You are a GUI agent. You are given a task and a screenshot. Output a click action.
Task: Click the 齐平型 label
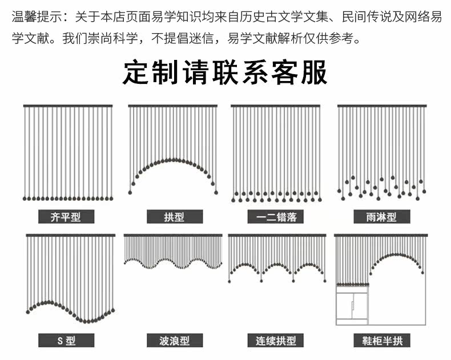click(x=66, y=217)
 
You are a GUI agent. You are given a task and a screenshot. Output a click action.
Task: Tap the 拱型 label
click(x=175, y=217)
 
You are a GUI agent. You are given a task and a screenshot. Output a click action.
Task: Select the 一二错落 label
click(x=276, y=217)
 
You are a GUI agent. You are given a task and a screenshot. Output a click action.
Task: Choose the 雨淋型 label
click(x=382, y=217)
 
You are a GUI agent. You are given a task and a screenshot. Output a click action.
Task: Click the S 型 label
click(x=66, y=341)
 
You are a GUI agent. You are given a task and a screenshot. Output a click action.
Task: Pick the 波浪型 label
click(x=175, y=341)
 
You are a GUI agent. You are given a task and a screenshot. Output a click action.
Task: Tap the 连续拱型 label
click(x=276, y=341)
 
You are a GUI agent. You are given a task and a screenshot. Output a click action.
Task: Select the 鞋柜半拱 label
click(x=382, y=341)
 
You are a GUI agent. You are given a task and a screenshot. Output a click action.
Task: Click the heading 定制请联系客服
click(x=225, y=72)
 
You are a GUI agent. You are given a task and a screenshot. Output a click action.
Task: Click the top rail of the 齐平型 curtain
click(x=68, y=106)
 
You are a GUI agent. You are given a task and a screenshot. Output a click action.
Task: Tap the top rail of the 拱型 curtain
click(x=173, y=106)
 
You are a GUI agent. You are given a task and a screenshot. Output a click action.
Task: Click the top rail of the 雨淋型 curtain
click(x=382, y=106)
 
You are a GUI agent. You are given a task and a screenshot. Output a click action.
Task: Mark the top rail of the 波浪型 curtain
click(x=173, y=235)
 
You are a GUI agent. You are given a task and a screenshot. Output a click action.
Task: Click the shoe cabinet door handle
click(x=352, y=305)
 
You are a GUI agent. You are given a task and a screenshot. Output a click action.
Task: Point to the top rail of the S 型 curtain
click(x=70, y=235)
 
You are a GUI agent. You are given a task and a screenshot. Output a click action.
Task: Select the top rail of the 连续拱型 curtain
click(x=277, y=235)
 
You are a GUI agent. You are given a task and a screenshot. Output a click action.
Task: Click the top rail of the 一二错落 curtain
click(x=275, y=106)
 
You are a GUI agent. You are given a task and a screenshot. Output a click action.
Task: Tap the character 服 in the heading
click(x=315, y=72)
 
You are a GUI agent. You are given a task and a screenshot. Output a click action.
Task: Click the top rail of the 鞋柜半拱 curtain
click(x=381, y=235)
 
